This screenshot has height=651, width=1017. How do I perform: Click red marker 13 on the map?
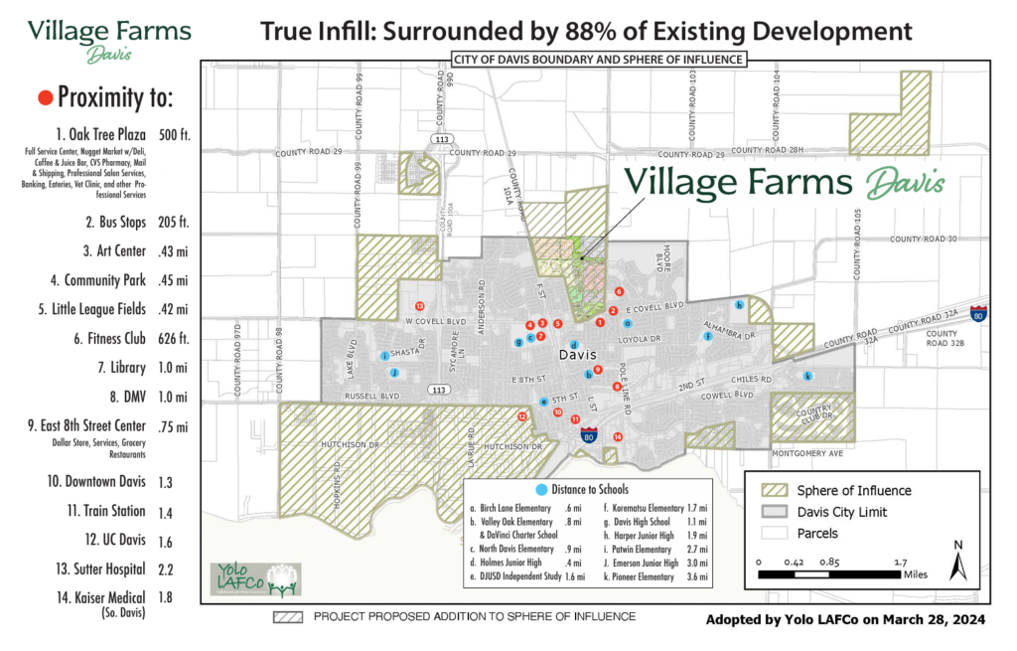419,305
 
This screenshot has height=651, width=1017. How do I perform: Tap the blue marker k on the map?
807,376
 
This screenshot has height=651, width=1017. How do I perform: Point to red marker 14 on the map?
618,436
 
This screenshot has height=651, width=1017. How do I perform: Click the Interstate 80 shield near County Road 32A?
979,313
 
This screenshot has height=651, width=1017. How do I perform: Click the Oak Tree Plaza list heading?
101,134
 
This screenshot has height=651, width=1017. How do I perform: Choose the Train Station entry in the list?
108,511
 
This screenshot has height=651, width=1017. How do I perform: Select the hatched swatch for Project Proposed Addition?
287,616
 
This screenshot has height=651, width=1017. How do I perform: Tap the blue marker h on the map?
738,304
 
